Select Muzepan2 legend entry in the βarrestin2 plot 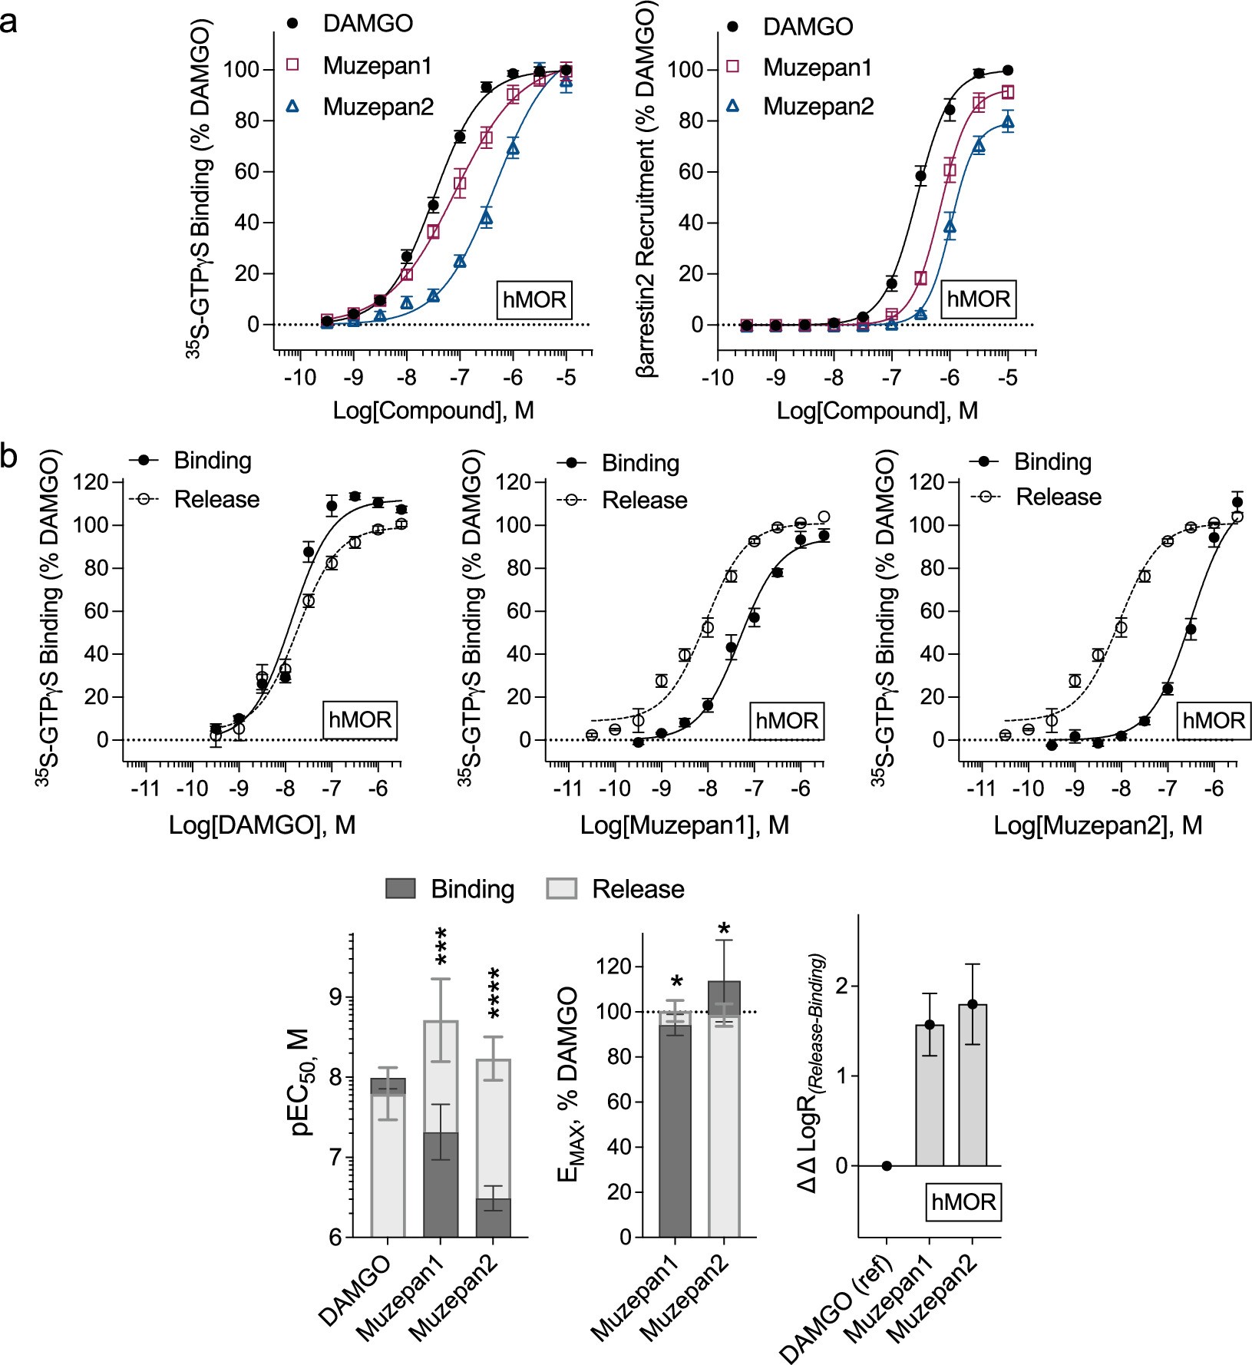(818, 107)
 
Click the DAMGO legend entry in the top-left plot (367, 23)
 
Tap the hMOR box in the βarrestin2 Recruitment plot (978, 299)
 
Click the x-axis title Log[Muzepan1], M (684, 825)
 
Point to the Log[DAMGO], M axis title (263, 825)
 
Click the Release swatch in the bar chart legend (561, 889)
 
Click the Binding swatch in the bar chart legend (400, 889)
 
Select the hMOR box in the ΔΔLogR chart (963, 1201)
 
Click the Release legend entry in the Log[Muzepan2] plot (1058, 497)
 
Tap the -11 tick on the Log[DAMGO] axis (145, 788)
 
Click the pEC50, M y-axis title (302, 1082)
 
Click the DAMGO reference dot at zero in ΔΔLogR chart (887, 1165)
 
